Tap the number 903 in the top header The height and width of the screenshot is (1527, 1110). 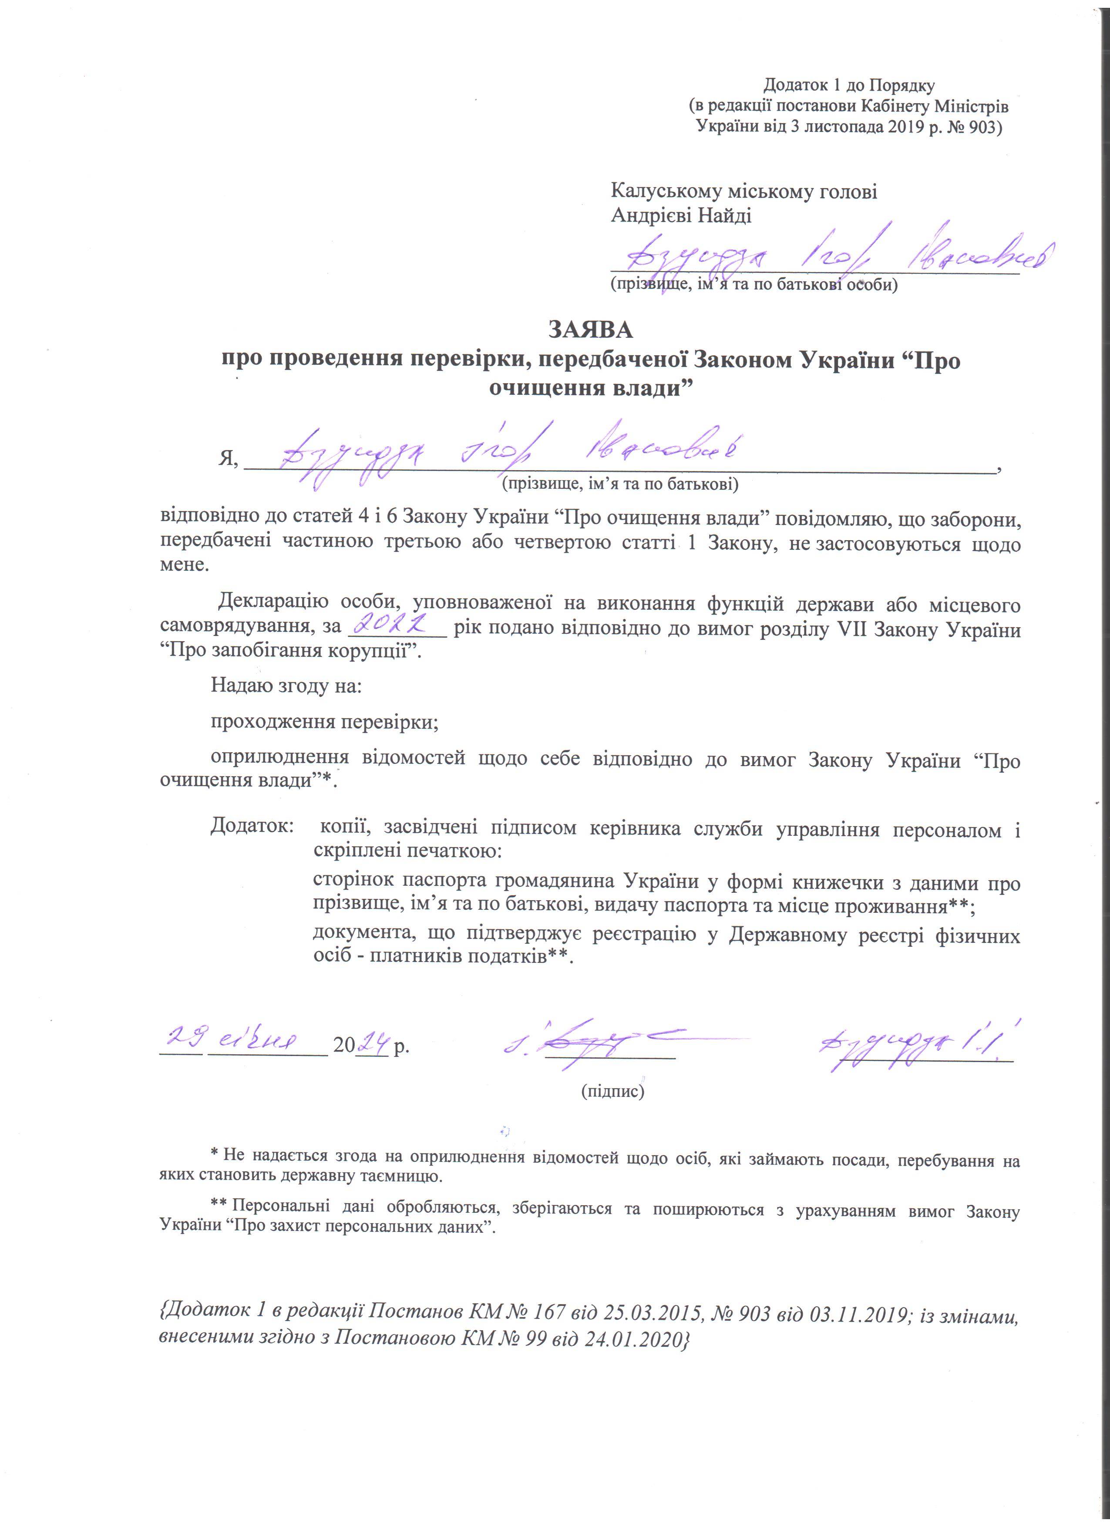coord(975,127)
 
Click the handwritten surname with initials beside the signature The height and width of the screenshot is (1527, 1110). coord(915,1046)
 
